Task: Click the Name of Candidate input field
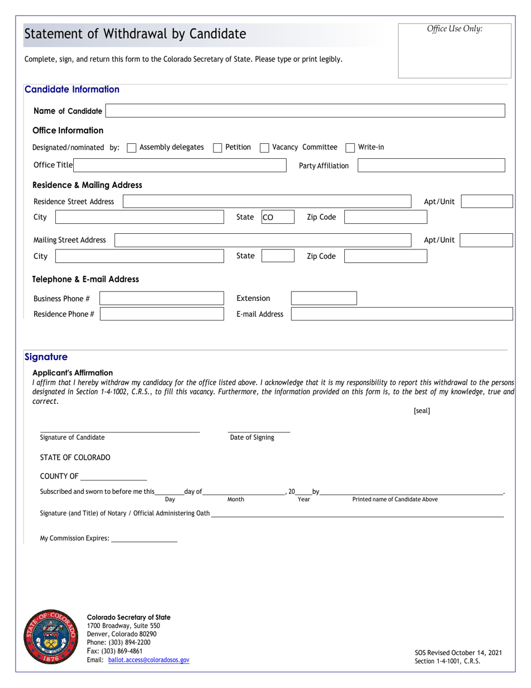click(x=305, y=111)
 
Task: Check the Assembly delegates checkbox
click(x=131, y=148)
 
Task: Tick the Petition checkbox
click(x=218, y=148)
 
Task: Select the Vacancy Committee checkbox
click(x=265, y=148)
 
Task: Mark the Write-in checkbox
click(x=350, y=148)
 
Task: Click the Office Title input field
click(x=181, y=165)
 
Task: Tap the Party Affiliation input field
click(x=431, y=166)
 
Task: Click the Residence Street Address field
click(x=267, y=202)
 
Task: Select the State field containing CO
click(x=277, y=217)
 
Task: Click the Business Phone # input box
click(x=162, y=299)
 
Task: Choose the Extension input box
click(x=324, y=298)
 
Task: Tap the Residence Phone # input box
click(x=162, y=314)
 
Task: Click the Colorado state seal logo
click(x=51, y=637)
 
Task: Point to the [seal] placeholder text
click(x=422, y=411)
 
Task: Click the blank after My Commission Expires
click(x=144, y=539)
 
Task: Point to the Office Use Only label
click(x=454, y=29)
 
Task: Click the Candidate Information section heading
click(x=72, y=89)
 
